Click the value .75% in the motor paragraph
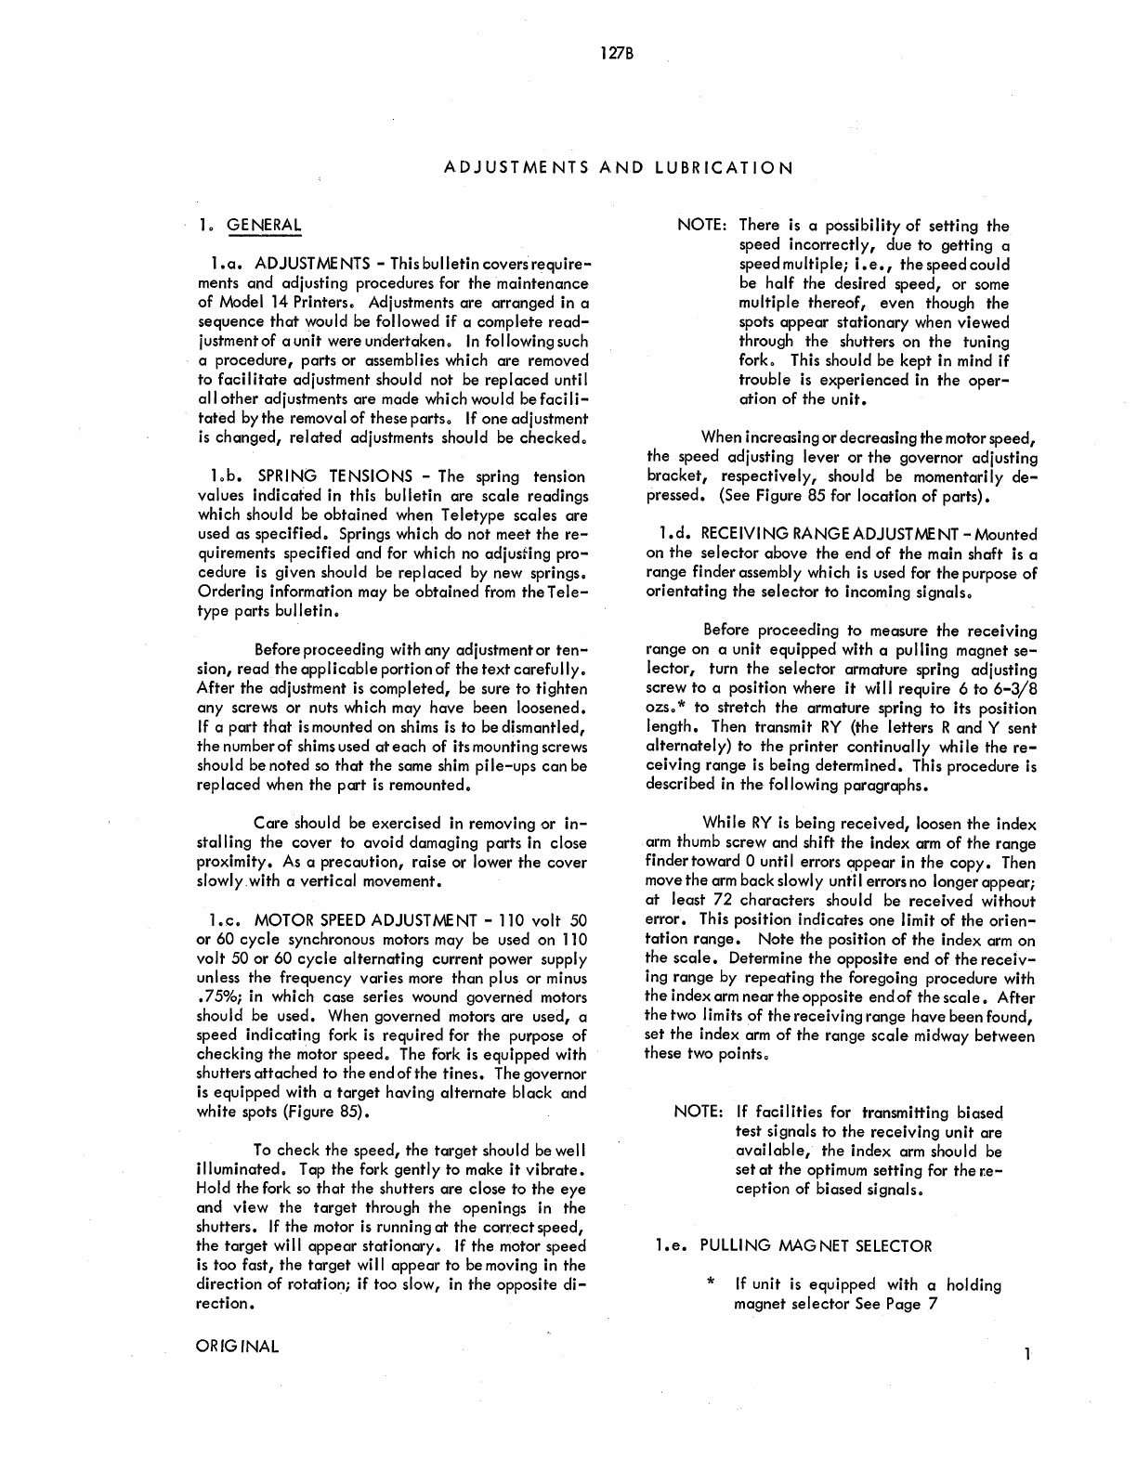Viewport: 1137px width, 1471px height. [x=216, y=997]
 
